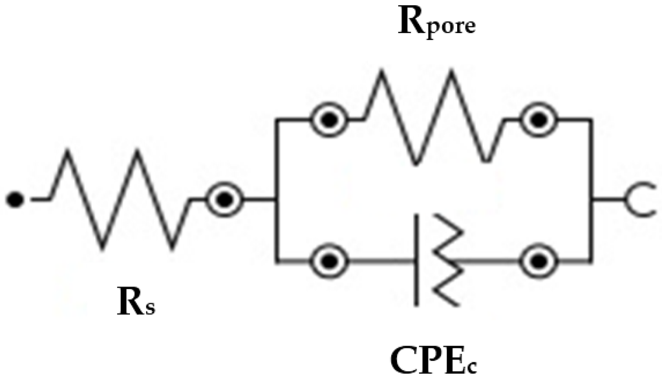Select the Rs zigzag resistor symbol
coord(120,200)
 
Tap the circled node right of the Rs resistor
coord(224,200)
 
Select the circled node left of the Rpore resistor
coord(330,120)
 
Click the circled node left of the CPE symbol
coord(330,261)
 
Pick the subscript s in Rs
coord(149,309)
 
